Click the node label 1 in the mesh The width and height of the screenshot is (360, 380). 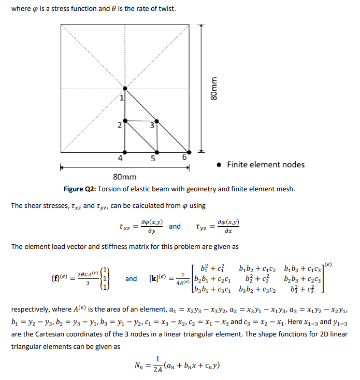click(x=122, y=97)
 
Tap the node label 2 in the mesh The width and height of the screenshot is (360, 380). click(x=119, y=125)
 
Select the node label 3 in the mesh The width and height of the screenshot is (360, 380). click(x=152, y=126)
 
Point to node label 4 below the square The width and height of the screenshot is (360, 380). click(x=120, y=158)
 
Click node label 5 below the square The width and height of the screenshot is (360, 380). click(x=153, y=158)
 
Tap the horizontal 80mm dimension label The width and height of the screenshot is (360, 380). click(x=124, y=177)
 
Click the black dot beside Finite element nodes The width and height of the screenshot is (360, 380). click(x=220, y=165)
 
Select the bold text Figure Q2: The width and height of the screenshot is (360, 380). click(x=81, y=189)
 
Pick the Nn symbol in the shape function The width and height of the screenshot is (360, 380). click(x=138, y=367)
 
